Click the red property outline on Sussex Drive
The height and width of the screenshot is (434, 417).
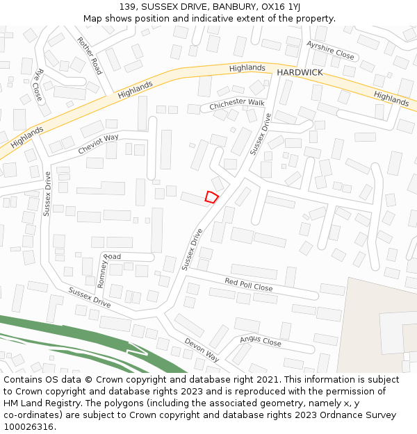point(211,197)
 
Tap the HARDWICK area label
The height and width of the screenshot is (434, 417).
point(300,72)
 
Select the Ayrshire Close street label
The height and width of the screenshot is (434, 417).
point(330,50)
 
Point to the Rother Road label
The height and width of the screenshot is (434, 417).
point(90,56)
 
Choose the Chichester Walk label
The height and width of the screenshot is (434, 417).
point(237,103)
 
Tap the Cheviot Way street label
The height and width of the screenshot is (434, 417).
point(98,144)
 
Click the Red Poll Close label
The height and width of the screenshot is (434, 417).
point(248,284)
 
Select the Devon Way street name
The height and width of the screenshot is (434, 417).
point(202,350)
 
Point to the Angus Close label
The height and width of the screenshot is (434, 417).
point(261,341)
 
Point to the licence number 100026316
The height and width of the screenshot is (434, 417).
point(30,427)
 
